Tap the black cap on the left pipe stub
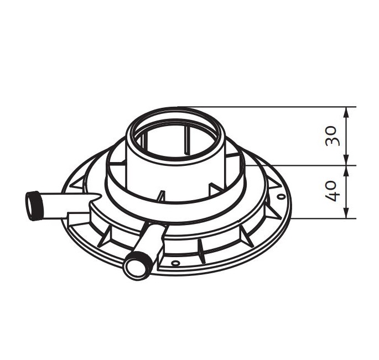[x=33, y=205]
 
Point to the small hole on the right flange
[x=281, y=197]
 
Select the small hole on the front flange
[x=175, y=262]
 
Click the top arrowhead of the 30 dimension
[x=346, y=112]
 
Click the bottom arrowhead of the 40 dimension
[x=346, y=213]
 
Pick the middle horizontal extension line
[x=301, y=165]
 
